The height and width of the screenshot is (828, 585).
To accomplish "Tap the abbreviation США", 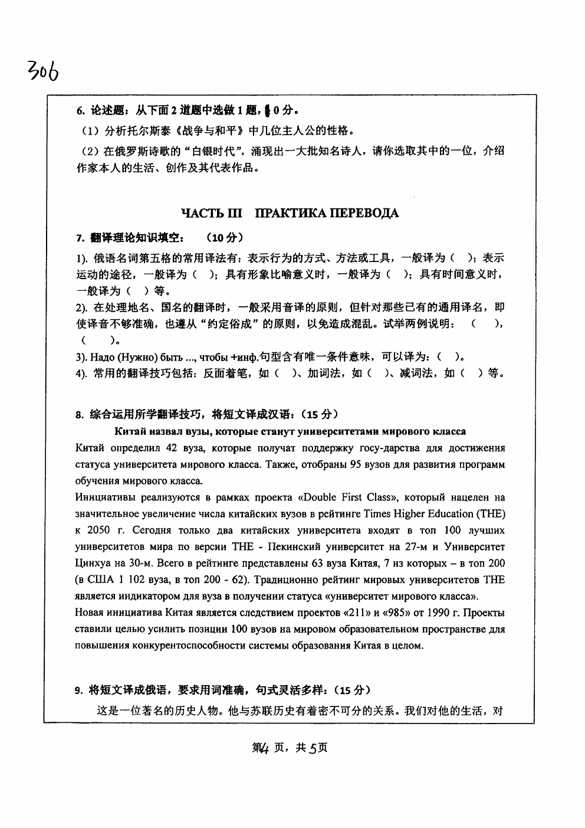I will (100, 580).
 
